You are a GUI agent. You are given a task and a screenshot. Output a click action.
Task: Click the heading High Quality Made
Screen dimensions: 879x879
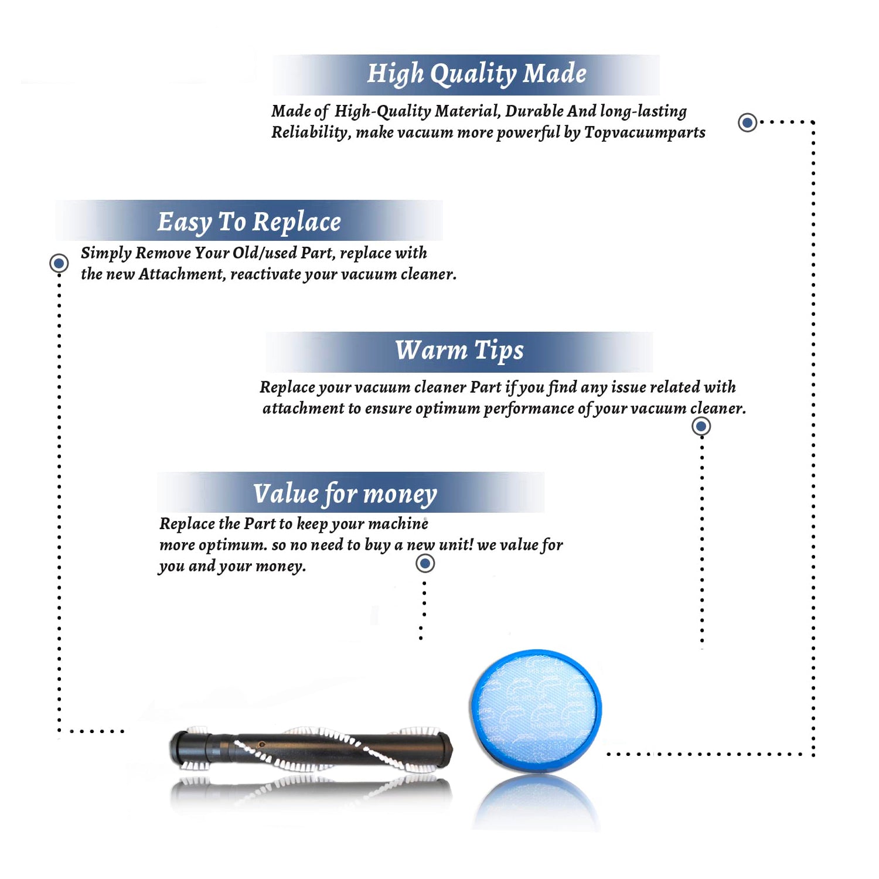point(476,74)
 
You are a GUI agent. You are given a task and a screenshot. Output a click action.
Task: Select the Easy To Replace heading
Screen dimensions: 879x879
point(249,222)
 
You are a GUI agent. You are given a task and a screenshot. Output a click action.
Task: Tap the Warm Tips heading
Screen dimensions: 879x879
point(459,351)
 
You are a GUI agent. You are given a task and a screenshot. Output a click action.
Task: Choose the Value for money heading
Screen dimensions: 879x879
point(345,494)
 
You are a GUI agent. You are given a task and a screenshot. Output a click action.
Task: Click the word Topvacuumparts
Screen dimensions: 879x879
point(645,132)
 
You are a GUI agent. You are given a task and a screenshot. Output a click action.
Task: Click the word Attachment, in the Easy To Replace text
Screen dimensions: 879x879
point(182,274)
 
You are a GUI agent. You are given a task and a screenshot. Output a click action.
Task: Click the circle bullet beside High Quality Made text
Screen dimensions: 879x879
point(747,122)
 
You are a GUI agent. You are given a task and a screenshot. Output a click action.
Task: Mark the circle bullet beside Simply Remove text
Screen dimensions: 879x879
point(59,263)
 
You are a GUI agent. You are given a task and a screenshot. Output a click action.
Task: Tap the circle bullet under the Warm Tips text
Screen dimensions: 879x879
point(701,426)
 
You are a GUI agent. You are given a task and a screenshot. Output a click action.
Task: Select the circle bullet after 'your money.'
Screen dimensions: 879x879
point(425,564)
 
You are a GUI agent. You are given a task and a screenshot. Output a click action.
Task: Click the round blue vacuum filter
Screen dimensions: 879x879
point(536,710)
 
